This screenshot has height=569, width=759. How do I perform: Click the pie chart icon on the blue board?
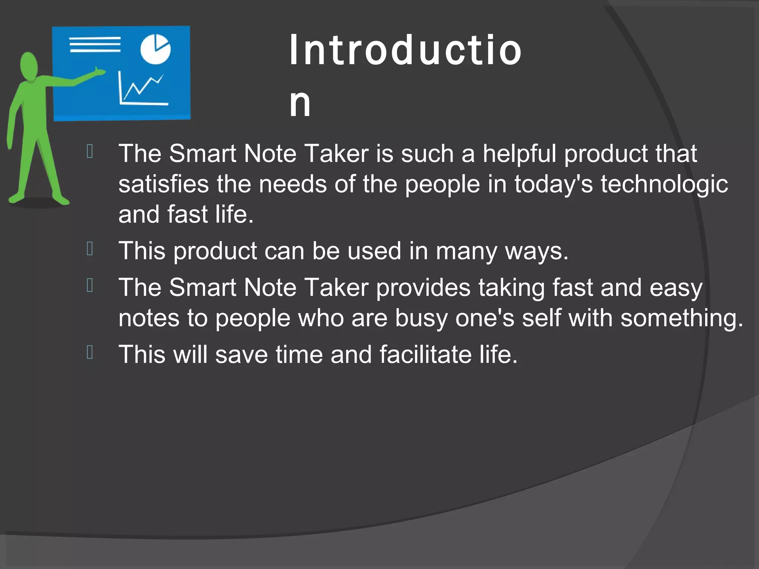pos(155,49)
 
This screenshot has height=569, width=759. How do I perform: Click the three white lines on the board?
pos(95,44)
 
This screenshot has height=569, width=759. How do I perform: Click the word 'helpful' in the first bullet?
pos(519,153)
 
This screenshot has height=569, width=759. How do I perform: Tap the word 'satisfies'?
pos(163,184)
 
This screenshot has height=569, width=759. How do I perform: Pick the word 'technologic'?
pos(664,184)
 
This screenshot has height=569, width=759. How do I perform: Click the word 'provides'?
pos(423,287)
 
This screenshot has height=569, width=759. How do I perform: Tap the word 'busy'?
pos(421,318)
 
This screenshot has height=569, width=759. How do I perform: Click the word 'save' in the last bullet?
pos(241,355)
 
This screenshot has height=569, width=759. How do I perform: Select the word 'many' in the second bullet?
pos(466,251)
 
